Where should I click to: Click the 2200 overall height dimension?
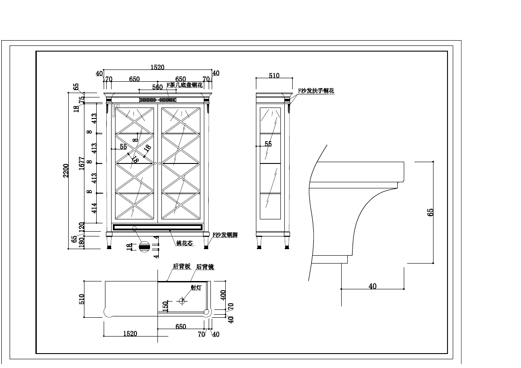point(66,170)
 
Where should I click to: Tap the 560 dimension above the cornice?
point(157,87)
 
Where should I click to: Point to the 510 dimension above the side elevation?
point(274,76)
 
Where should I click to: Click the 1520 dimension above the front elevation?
point(157,67)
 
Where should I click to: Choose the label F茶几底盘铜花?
point(185,85)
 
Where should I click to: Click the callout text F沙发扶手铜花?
point(316,91)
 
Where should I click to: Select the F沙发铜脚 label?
point(225,235)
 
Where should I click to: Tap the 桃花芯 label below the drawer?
point(184,243)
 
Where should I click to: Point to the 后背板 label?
point(182,266)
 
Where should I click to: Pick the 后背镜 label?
point(205,267)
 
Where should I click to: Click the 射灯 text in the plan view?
point(196,288)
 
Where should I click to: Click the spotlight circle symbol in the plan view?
point(182,301)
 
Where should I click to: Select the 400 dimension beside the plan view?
point(223,296)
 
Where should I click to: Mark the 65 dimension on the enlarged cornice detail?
point(430,212)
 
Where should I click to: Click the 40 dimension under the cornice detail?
point(372,286)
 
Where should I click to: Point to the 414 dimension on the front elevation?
point(94,208)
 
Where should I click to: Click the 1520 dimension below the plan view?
point(130,333)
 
